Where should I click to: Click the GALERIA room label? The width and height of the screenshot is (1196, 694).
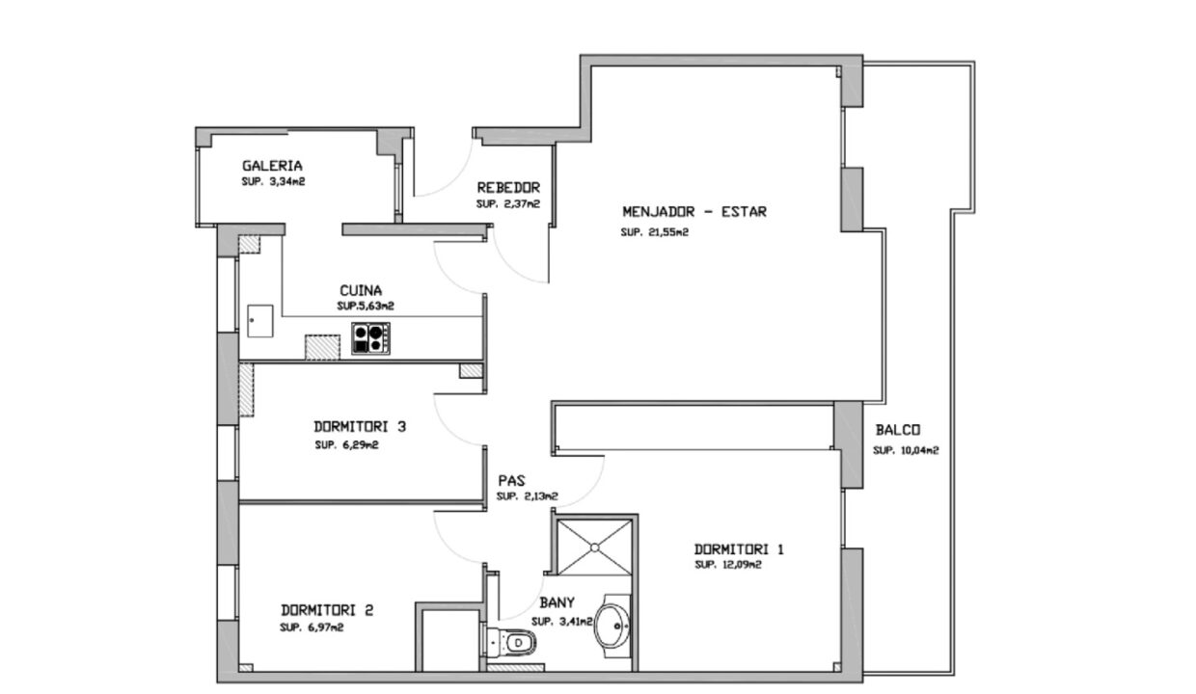(272, 166)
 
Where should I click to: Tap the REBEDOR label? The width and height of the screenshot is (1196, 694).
(508, 188)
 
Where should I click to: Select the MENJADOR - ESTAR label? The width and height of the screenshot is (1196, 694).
(694, 212)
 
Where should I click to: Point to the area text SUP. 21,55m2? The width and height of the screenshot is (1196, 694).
(655, 232)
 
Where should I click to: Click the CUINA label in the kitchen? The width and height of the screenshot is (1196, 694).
(361, 291)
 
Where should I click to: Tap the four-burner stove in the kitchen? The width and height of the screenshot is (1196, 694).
(370, 338)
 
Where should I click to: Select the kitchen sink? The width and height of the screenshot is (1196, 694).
(260, 321)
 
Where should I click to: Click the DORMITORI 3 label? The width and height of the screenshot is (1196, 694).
(360, 427)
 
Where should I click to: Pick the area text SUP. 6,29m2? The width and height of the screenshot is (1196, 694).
(346, 445)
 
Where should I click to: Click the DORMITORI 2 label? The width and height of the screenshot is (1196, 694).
(327, 610)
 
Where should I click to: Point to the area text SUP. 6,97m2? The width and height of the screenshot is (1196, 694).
(312, 627)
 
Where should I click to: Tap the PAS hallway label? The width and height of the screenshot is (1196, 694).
(511, 481)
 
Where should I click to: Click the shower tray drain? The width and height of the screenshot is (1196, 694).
(595, 547)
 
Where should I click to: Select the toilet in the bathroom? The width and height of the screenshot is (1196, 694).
(510, 642)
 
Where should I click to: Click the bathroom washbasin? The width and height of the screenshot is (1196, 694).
(613, 626)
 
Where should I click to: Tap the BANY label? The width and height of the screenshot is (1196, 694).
(557, 602)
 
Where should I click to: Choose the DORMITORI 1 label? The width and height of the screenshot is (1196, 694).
(739, 549)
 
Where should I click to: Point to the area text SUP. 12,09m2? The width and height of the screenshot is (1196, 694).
(728, 565)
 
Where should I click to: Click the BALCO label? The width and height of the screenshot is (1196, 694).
(898, 430)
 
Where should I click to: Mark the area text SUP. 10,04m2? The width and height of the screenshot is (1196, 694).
(906, 451)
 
